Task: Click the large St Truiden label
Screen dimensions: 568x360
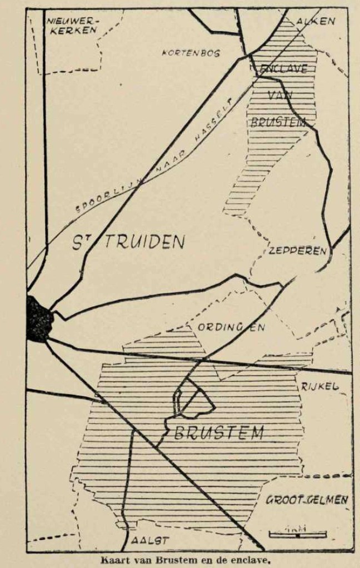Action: coord(128,242)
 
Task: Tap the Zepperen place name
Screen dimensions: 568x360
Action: coord(297,251)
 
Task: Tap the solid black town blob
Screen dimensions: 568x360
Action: coord(39,319)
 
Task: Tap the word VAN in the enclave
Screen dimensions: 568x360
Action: coord(279,95)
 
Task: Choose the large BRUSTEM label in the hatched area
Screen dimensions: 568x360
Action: coord(218,433)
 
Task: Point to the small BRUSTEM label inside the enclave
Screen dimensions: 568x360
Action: coord(278,122)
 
